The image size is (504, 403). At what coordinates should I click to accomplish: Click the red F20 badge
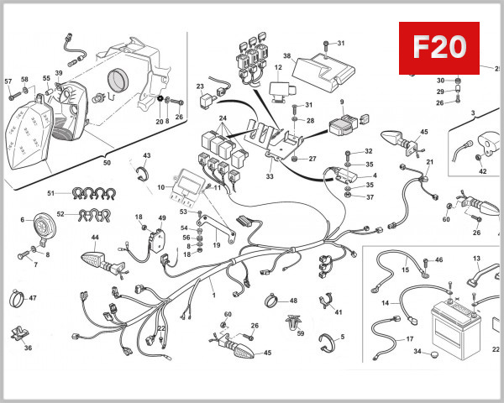(438, 47)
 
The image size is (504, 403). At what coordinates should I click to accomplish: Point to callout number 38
(286, 56)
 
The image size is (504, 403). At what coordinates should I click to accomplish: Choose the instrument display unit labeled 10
(186, 186)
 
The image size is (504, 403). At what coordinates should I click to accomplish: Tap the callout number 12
(278, 66)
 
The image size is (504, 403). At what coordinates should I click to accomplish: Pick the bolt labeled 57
(12, 96)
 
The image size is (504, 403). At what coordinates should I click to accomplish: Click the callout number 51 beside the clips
(50, 193)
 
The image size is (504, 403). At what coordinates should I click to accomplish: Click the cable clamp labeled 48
(270, 301)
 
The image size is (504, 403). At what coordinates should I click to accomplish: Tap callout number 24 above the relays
(223, 118)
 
